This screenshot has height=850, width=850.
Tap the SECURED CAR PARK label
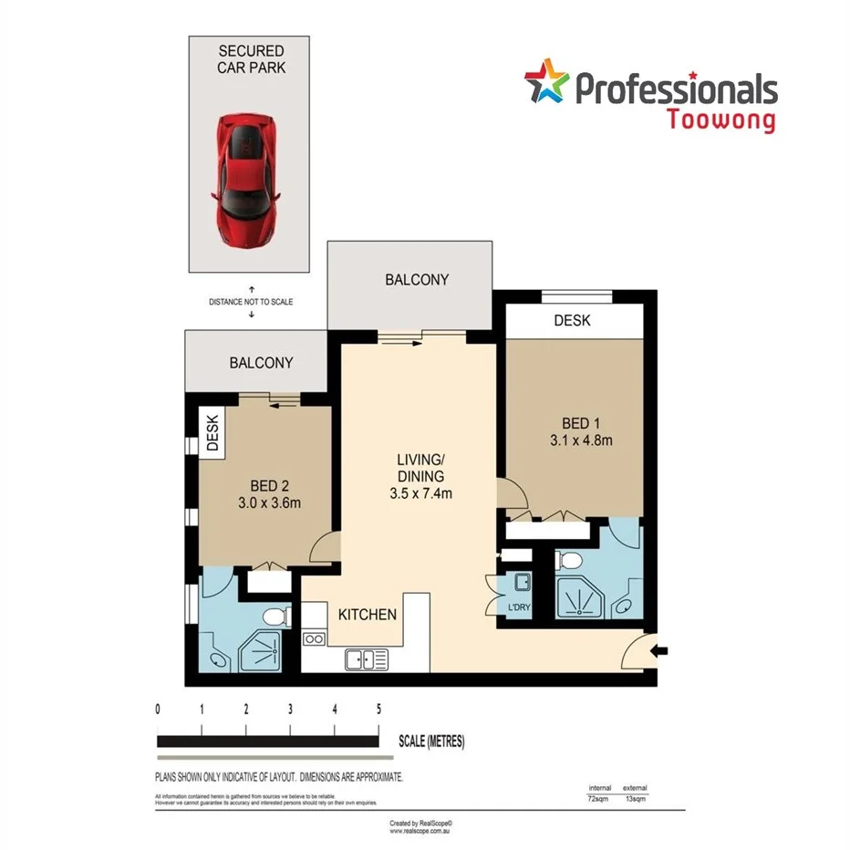pyautogui.click(x=250, y=60)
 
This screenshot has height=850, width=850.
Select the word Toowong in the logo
pyautogui.click(x=721, y=119)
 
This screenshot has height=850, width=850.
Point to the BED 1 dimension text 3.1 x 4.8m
pyautogui.click(x=573, y=441)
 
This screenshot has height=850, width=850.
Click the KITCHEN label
pyautogui.click(x=368, y=614)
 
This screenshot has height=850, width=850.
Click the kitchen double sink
pyautogui.click(x=367, y=658)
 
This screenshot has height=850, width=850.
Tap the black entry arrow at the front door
pyautogui.click(x=661, y=650)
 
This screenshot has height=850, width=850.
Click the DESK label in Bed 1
pyautogui.click(x=572, y=320)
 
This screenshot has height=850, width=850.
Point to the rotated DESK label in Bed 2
pyautogui.click(x=213, y=434)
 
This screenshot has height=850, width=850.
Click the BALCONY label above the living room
pyautogui.click(x=416, y=280)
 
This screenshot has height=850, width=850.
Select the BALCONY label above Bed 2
pyautogui.click(x=261, y=362)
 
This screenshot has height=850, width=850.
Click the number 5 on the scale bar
pyautogui.click(x=378, y=709)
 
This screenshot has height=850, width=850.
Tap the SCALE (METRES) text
pyautogui.click(x=431, y=741)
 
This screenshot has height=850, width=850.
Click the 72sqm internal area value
pyautogui.click(x=599, y=798)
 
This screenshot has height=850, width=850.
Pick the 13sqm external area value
pyautogui.click(x=635, y=798)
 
